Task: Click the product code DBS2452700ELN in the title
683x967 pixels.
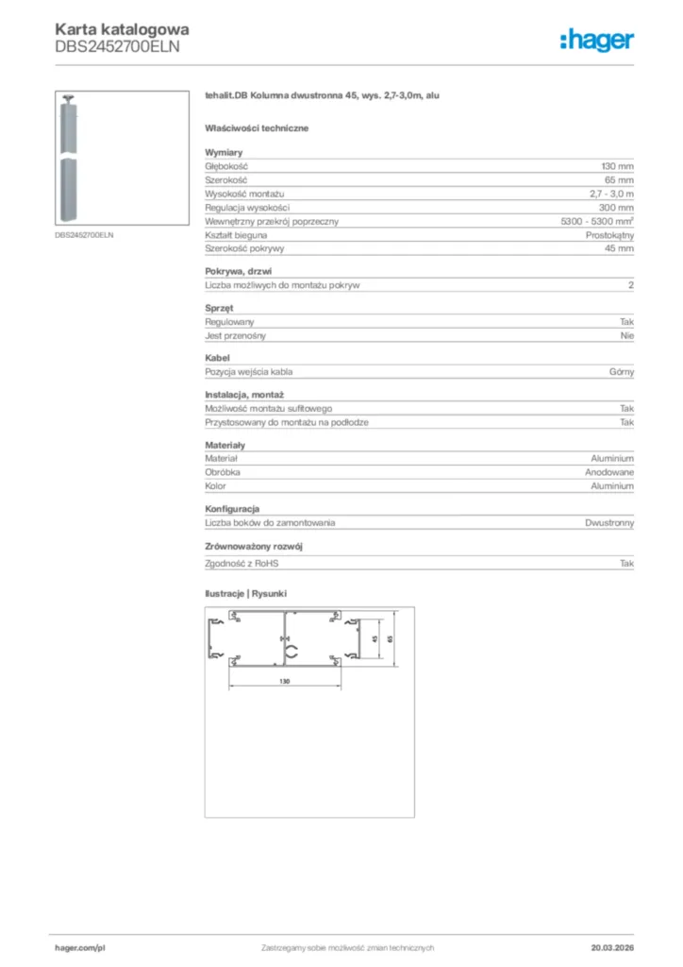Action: click(117, 45)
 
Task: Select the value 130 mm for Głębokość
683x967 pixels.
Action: click(618, 165)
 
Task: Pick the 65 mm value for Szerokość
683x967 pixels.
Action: click(620, 179)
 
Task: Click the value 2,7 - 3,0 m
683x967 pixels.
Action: click(611, 194)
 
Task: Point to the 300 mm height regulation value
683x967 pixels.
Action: click(617, 207)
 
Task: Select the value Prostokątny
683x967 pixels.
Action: click(609, 234)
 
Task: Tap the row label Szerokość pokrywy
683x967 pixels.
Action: click(244, 248)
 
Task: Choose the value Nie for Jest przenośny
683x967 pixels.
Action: click(627, 335)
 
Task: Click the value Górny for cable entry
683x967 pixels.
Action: click(622, 372)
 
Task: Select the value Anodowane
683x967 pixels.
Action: click(609, 472)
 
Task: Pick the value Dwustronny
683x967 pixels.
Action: click(609, 522)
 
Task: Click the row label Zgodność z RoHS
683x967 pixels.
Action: click(242, 564)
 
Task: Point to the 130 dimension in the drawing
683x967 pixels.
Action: click(284, 681)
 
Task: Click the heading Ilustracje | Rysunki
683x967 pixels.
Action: click(246, 593)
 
